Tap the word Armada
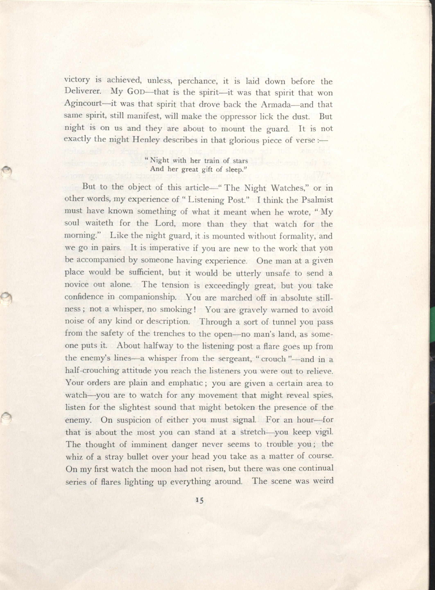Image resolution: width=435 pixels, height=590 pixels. point(277,105)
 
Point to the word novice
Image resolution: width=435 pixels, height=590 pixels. point(76,285)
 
